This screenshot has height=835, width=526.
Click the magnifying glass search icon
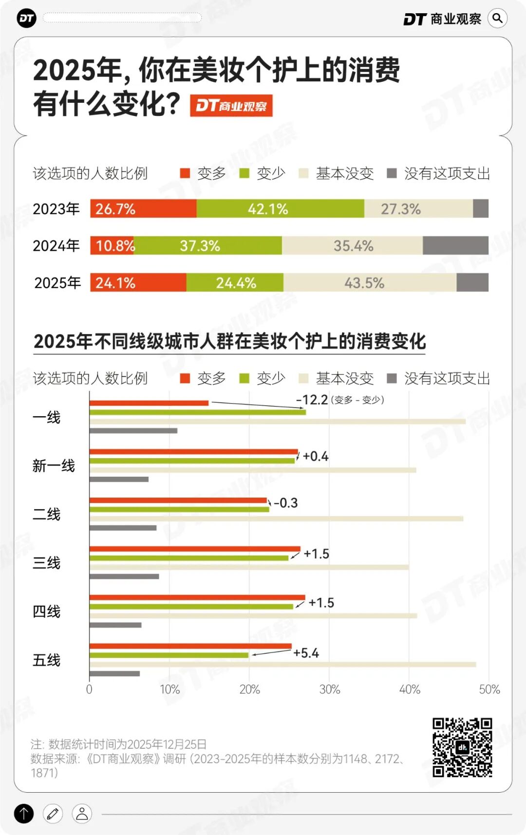(497, 19)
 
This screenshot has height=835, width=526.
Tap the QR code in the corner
(462, 747)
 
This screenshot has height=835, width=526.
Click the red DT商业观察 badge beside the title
(231, 106)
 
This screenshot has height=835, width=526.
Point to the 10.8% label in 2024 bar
(115, 246)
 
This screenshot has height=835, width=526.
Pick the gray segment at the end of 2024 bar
(455, 246)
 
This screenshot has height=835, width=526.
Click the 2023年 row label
(56, 209)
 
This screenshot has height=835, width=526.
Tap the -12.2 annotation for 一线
(312, 400)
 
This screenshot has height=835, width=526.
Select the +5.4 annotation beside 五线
(306, 653)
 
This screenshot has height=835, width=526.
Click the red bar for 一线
(149, 403)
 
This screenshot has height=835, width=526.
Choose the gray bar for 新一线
(119, 480)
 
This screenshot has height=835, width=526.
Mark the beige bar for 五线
(282, 665)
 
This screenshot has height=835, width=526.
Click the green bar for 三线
(189, 558)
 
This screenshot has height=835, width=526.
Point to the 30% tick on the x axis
(329, 689)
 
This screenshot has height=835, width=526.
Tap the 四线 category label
(46, 612)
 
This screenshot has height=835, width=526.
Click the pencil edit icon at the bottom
(53, 814)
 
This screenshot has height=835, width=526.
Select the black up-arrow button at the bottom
(24, 814)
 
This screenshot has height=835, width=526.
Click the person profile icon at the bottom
(82, 814)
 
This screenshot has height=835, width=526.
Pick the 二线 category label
(46, 514)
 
